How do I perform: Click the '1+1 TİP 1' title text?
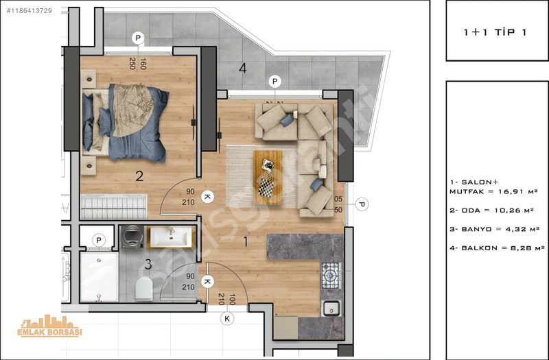(x=495, y=32)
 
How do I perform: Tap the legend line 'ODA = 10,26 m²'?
(x=491, y=211)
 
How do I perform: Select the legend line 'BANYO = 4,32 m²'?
(x=494, y=229)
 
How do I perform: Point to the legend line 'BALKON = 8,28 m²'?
(x=497, y=248)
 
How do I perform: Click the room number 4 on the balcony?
(x=243, y=68)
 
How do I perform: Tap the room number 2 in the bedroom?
(x=139, y=176)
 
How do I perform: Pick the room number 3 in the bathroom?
(x=148, y=265)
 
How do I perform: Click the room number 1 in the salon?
(x=246, y=241)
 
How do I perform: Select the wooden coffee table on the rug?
(x=268, y=178)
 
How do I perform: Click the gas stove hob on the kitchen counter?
(x=331, y=276)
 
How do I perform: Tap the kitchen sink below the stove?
(x=331, y=308)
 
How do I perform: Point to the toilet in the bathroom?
(x=144, y=289)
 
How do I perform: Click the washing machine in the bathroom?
(x=132, y=237)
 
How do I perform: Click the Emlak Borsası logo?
(x=49, y=326)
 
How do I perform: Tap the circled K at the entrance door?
(x=227, y=319)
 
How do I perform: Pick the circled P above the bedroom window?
(x=138, y=38)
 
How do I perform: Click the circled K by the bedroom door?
(x=207, y=197)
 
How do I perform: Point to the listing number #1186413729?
(x=30, y=11)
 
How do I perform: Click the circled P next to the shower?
(x=99, y=241)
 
